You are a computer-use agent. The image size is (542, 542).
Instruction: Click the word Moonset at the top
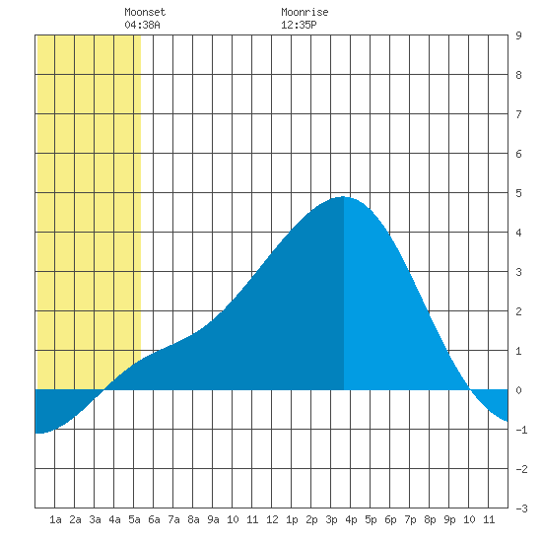click(x=145, y=12)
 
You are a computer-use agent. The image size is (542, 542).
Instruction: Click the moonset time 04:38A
click(x=142, y=25)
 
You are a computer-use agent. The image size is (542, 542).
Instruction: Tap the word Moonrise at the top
click(x=305, y=12)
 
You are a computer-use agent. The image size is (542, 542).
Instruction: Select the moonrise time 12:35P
click(x=299, y=25)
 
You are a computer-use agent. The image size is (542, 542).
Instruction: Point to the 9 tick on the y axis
click(x=518, y=35)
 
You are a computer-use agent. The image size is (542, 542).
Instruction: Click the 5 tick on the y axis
click(x=518, y=193)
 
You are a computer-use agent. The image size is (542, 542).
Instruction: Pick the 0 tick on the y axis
click(x=518, y=390)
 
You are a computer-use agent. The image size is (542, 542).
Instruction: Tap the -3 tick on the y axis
click(x=521, y=508)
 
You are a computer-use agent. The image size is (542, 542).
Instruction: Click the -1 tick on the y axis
click(x=521, y=430)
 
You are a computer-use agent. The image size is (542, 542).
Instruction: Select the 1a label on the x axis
click(x=55, y=519)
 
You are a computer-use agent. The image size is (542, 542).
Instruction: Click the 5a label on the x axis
click(x=134, y=519)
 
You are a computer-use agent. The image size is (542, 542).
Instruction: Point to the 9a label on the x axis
click(x=213, y=519)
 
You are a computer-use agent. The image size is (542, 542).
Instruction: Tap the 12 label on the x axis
click(x=272, y=519)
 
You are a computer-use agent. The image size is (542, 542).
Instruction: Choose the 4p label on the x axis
click(x=351, y=519)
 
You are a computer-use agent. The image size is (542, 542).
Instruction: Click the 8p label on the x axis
click(x=430, y=519)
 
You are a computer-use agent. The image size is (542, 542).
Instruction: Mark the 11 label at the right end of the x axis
click(x=489, y=519)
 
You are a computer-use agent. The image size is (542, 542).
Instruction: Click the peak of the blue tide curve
click(x=343, y=197)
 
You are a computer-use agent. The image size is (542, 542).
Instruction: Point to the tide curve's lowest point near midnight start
click(x=39, y=433)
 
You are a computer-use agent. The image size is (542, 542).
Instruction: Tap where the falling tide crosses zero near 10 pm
click(x=469, y=390)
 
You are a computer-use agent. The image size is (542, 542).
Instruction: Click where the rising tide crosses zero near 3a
click(x=104, y=390)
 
